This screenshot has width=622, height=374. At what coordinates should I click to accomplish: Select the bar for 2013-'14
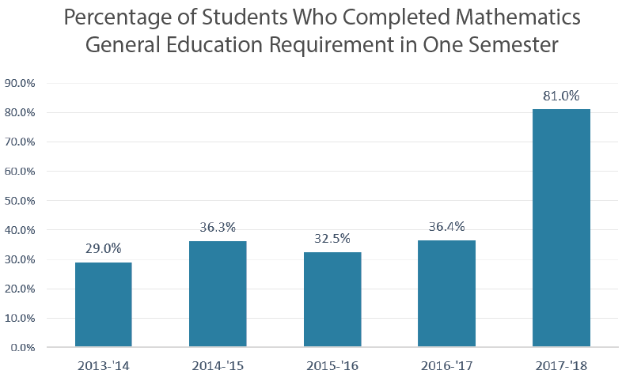103,304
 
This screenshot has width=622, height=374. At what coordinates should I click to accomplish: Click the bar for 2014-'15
218,293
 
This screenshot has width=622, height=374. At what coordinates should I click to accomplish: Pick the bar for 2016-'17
446,293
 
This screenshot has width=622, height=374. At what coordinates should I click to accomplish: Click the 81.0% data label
561,96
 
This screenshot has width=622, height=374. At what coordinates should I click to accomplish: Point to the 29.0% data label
103,248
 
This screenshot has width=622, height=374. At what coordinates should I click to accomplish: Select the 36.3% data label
218,227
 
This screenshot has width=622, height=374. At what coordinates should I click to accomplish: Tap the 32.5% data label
332,238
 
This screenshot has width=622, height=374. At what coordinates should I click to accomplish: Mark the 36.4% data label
446,227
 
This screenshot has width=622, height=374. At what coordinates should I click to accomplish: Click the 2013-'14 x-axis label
103,365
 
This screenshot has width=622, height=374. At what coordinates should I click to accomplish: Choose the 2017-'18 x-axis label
561,365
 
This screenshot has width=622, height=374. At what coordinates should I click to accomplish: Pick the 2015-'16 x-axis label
332,365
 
